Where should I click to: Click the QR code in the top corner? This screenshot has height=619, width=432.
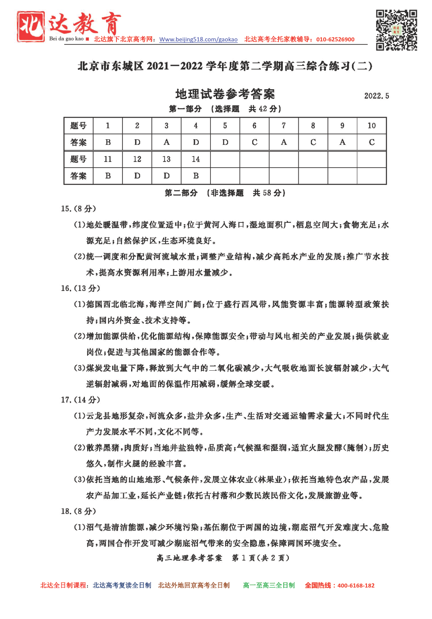click(396, 30)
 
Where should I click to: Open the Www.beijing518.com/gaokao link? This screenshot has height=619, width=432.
click(198, 40)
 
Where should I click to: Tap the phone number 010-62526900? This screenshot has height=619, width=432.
click(335, 40)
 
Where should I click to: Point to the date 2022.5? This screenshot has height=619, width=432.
click(376, 96)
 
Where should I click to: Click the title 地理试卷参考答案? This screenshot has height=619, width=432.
click(225, 94)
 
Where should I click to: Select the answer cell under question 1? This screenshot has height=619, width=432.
click(108, 142)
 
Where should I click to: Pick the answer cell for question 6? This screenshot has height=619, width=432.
click(254, 142)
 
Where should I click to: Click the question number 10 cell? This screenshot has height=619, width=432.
click(372, 125)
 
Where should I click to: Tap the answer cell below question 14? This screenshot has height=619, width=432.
click(196, 176)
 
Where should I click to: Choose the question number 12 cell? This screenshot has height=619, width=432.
click(137, 159)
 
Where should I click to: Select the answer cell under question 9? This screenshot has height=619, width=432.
click(342, 142)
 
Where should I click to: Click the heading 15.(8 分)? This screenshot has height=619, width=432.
click(78, 209)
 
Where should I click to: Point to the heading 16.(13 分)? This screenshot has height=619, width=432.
click(80, 288)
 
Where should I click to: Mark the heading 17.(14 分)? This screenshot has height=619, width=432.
click(80, 400)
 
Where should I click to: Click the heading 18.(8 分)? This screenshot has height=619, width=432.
click(78, 511)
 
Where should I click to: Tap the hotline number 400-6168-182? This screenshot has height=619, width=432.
click(356, 585)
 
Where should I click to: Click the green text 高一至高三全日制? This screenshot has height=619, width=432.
click(269, 585)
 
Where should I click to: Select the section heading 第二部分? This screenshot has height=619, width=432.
click(181, 193)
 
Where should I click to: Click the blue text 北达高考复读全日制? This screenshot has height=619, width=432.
click(122, 585)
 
